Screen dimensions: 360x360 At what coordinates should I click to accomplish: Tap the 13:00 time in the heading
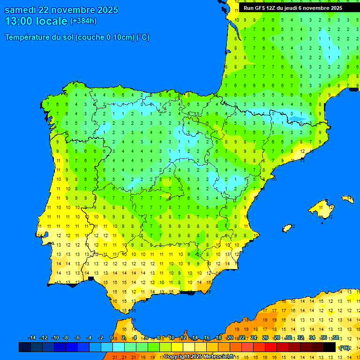(18, 21)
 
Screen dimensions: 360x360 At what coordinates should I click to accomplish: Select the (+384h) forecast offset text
(83, 21)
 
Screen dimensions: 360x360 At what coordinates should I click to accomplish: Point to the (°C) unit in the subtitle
(142, 37)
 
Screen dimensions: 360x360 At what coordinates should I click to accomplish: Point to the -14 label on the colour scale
(32, 338)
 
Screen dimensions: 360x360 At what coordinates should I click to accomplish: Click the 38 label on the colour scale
(335, 338)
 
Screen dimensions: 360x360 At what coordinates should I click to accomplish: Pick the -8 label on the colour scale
(66, 338)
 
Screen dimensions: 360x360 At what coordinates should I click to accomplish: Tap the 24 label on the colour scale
(254, 338)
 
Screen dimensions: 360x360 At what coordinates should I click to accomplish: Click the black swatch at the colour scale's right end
(330, 347)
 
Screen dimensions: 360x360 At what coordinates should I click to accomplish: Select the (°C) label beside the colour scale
(345, 348)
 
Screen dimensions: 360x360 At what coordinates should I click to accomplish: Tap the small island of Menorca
(347, 199)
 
